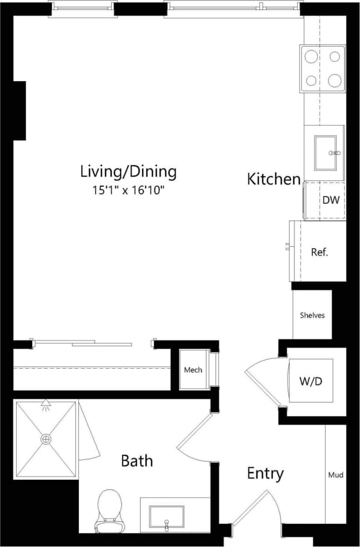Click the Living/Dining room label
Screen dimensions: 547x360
(x=128, y=171)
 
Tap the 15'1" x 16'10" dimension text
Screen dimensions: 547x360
(x=128, y=190)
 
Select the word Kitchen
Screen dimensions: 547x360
(x=273, y=179)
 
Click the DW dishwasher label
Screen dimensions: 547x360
(x=331, y=200)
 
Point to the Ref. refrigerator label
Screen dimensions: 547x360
(x=319, y=252)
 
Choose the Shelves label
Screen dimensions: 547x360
(x=312, y=315)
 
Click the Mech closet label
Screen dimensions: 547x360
(x=193, y=370)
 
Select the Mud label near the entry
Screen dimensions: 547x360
(x=336, y=475)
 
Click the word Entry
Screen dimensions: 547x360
(x=265, y=474)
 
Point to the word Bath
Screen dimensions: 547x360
(x=137, y=460)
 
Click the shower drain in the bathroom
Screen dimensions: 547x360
(x=46, y=439)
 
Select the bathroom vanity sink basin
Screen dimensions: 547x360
(x=166, y=517)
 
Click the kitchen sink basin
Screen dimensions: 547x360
(x=326, y=153)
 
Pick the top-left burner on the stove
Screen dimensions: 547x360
(x=312, y=57)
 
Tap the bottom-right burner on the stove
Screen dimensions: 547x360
(x=334, y=81)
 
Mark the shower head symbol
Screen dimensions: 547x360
(x=46, y=405)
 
